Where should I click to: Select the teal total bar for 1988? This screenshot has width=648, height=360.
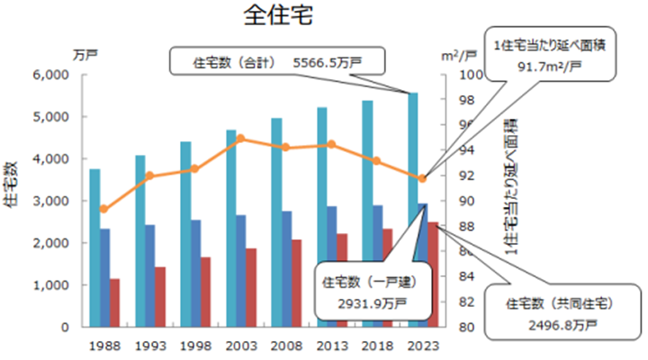pos(94,247)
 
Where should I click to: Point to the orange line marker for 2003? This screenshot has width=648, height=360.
pos(240,139)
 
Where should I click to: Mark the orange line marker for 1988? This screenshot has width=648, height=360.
pos(104,209)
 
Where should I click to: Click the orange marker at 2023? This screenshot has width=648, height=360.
pos(422,178)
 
